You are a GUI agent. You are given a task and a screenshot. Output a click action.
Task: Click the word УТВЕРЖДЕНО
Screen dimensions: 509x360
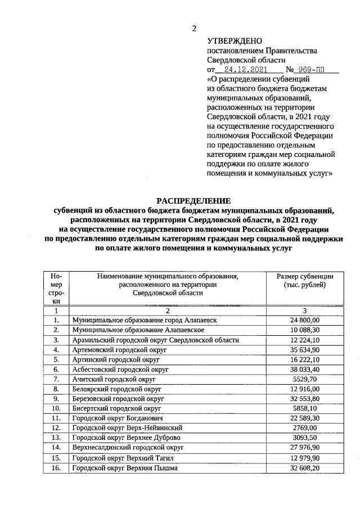point(235,40)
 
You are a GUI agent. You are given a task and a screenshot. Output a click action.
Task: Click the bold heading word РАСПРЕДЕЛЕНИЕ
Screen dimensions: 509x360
point(193,201)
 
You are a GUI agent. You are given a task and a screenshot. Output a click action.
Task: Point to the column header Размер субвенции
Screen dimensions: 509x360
point(304,276)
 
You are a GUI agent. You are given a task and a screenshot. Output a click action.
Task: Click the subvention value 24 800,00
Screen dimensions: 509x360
point(304,319)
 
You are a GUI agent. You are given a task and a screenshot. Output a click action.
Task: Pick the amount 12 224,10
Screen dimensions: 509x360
point(304,340)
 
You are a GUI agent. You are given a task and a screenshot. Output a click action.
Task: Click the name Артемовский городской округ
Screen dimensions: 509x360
point(120,350)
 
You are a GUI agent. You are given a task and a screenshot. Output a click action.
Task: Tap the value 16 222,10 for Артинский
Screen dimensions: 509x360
point(304,359)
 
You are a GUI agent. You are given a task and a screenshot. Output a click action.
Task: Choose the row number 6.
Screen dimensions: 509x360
point(56,370)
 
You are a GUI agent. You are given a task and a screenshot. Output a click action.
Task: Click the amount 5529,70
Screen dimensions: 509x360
point(304,380)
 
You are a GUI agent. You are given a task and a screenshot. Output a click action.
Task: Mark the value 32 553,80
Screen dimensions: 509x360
point(304,399)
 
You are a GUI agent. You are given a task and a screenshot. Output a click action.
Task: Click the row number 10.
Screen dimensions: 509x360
point(56,409)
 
